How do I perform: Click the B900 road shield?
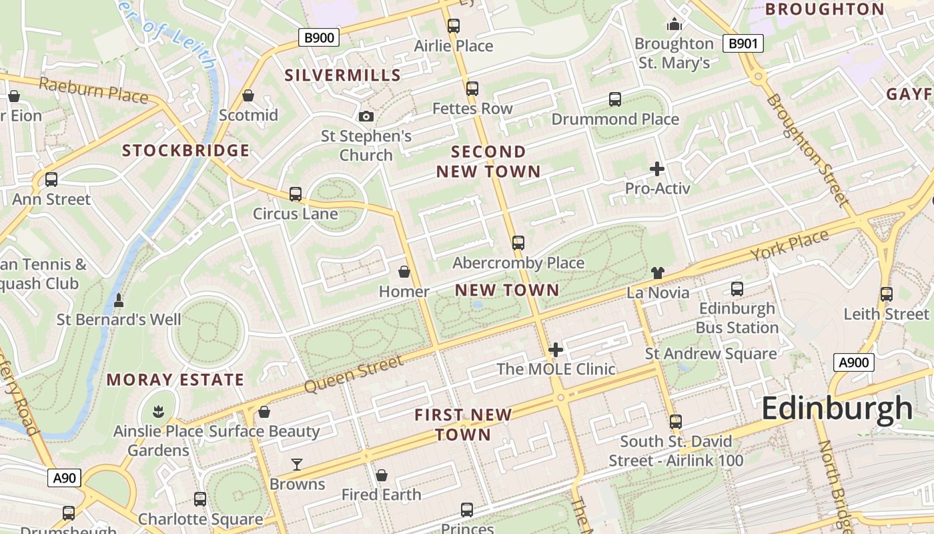tap(319, 37)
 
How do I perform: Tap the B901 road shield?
tap(743, 44)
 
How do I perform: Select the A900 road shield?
tap(853, 362)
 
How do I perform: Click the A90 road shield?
tap(65, 478)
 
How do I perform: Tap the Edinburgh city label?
tap(837, 408)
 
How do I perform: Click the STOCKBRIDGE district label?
tap(185, 151)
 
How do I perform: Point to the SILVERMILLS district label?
tap(342, 75)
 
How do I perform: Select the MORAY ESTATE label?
tap(175, 380)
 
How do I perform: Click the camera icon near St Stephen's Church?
tap(366, 117)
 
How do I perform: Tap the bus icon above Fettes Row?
tap(472, 89)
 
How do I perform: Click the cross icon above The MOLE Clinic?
tap(556, 350)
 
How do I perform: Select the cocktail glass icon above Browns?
tap(297, 464)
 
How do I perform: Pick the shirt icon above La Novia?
tap(658, 272)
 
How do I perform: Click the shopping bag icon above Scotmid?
tap(248, 96)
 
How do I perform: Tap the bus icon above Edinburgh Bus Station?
tap(737, 289)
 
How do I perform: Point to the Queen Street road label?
tap(354, 374)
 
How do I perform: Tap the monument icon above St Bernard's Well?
tap(119, 300)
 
